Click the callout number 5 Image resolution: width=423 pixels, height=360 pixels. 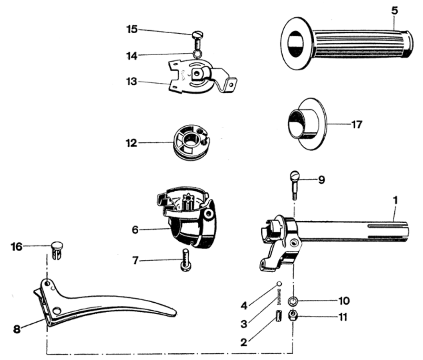pyautogui.click(x=394, y=10)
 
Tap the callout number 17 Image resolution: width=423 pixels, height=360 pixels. pyautogui.click(x=357, y=124)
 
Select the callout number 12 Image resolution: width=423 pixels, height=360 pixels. pyautogui.click(x=131, y=143)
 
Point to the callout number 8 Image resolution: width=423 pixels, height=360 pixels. pyautogui.click(x=17, y=329)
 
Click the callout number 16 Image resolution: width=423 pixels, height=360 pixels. pyautogui.click(x=17, y=247)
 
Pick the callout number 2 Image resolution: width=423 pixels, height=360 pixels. pyautogui.click(x=243, y=342)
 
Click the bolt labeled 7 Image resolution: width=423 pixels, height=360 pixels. pyautogui.click(x=186, y=260)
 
